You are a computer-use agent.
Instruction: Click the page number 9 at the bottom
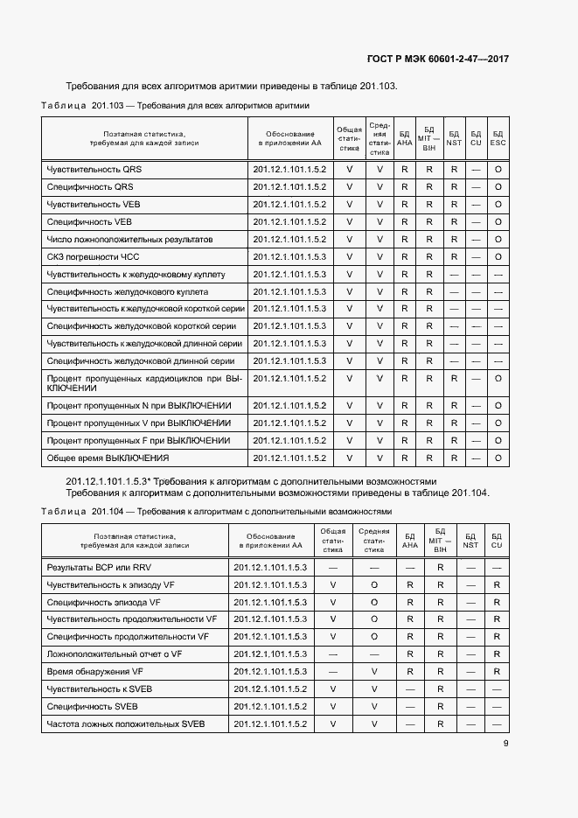(x=505, y=744)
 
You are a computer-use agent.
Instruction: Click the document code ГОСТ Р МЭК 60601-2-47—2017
(x=437, y=59)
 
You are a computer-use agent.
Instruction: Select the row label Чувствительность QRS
(x=94, y=170)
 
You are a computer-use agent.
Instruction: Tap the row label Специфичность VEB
(x=89, y=222)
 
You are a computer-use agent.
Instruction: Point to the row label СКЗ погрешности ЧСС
(x=93, y=257)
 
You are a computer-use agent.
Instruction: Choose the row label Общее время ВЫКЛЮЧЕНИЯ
(x=108, y=458)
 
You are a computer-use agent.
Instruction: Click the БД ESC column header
(x=498, y=137)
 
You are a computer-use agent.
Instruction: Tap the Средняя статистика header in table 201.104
(x=373, y=541)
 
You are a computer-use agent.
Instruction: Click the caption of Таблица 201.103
(x=175, y=105)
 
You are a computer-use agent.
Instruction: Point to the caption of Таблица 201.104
(x=216, y=511)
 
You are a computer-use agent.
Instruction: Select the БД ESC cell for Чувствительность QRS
(x=498, y=170)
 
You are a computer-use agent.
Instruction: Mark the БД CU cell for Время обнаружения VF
(x=496, y=672)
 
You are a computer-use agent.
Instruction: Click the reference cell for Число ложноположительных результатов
(x=289, y=240)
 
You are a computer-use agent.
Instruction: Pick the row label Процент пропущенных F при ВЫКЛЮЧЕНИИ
(x=138, y=441)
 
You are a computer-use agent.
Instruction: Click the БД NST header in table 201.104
(x=470, y=541)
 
